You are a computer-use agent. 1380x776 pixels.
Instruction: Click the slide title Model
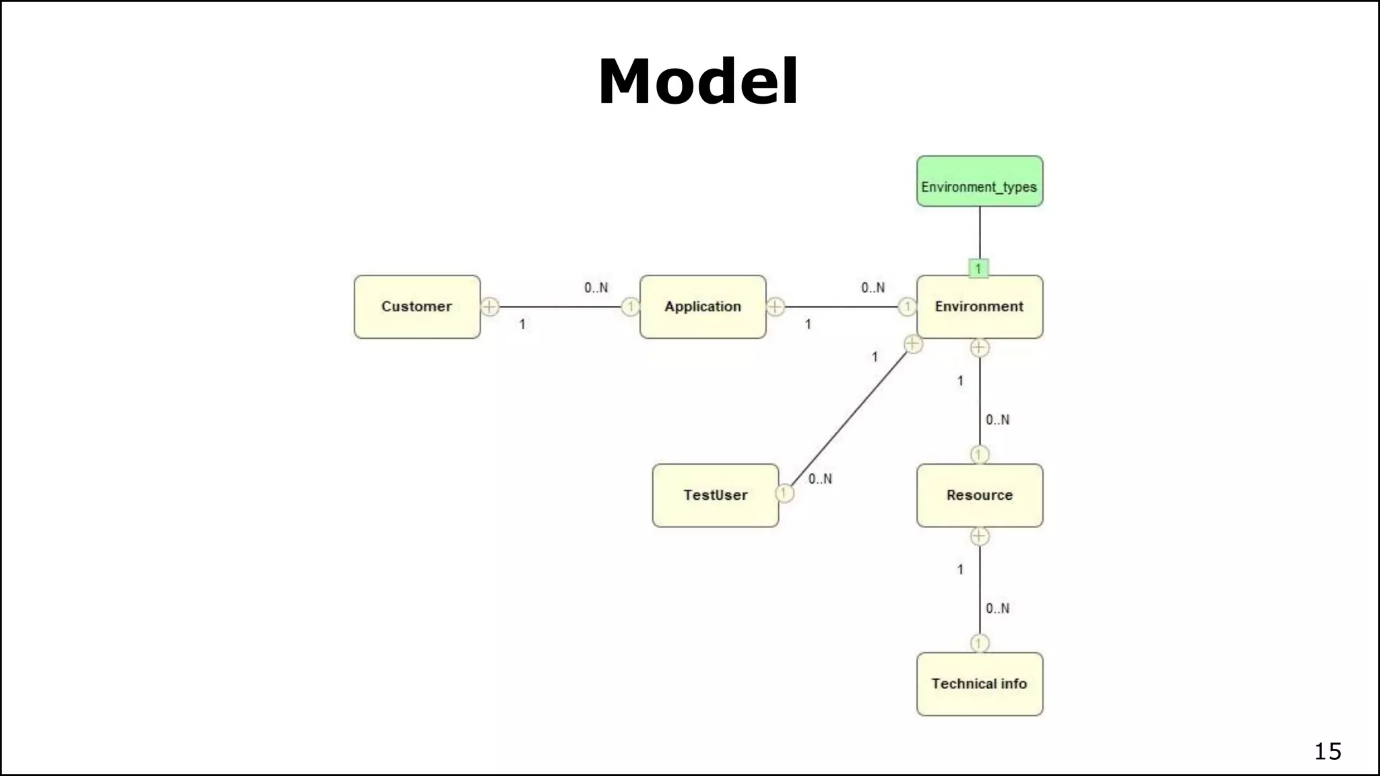[698, 82]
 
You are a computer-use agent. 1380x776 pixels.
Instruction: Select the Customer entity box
[417, 306]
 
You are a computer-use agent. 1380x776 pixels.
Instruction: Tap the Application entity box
[703, 306]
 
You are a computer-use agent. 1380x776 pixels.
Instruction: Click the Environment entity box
[979, 306]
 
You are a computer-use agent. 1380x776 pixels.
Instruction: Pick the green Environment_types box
[979, 182]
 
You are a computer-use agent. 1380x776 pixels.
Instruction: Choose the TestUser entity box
[715, 495]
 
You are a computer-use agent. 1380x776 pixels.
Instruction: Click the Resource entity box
[979, 495]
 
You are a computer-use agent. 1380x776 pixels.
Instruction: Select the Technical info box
[979, 684]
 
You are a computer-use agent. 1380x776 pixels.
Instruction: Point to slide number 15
[1327, 751]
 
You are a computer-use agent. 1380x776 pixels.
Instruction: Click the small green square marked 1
[978, 269]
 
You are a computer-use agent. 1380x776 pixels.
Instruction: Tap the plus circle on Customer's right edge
[490, 307]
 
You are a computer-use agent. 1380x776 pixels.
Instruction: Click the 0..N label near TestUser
[820, 479]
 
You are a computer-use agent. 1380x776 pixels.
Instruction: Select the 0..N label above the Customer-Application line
[596, 288]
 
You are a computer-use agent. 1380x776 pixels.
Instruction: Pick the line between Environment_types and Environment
[980, 232]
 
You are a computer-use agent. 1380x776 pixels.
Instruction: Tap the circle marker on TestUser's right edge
[784, 493]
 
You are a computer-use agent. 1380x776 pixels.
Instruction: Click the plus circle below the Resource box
[980, 536]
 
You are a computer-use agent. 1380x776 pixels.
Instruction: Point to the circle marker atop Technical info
[980, 643]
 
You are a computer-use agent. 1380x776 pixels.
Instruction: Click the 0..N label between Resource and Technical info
[997, 608]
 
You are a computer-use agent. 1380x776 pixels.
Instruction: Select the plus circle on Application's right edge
[776, 307]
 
